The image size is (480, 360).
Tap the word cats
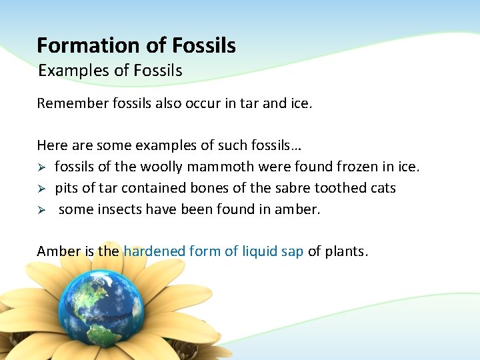383,188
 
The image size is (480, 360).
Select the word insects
118,209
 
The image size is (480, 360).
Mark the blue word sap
292,251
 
